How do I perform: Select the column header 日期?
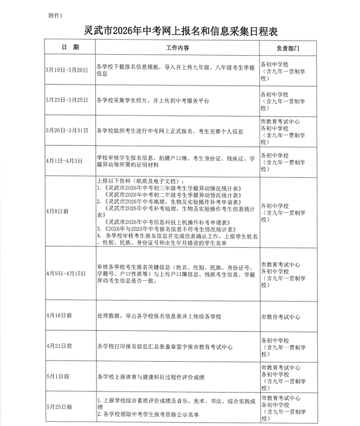point(70,47)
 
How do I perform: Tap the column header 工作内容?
point(177,48)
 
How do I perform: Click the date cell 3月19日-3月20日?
point(67,70)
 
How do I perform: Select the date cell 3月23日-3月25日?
point(67,100)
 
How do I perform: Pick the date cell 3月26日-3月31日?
point(67,131)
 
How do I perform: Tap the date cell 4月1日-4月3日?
point(64,161)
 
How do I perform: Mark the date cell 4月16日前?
point(59,316)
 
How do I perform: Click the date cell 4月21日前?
point(59,346)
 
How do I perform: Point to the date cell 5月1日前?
point(57,376)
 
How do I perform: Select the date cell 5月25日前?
point(59,407)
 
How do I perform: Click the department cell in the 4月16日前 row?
point(280,317)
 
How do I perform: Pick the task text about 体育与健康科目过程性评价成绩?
point(151,377)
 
